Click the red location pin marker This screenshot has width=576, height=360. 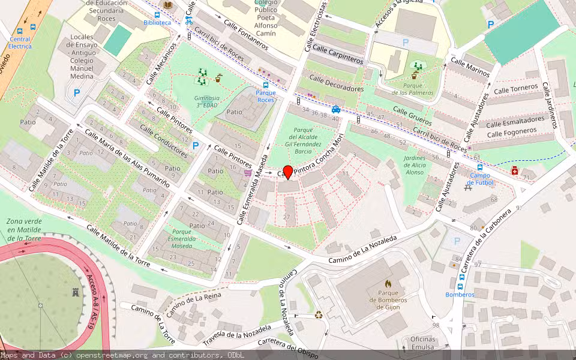[287, 172]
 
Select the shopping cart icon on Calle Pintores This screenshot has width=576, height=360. [248, 173]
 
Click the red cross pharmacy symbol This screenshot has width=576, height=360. [515, 172]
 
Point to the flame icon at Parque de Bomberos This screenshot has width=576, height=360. [388, 283]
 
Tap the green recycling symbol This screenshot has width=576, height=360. [319, 314]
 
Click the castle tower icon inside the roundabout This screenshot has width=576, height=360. [75, 293]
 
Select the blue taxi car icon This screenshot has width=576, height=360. [337, 109]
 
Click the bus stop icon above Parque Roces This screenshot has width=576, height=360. [266, 85]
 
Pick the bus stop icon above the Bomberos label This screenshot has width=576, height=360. [460, 286]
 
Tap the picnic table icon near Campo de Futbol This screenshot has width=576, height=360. [467, 187]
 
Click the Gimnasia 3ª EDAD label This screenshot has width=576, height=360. [207, 101]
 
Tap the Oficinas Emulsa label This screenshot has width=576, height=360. [423, 343]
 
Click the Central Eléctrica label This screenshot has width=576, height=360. [20, 43]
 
